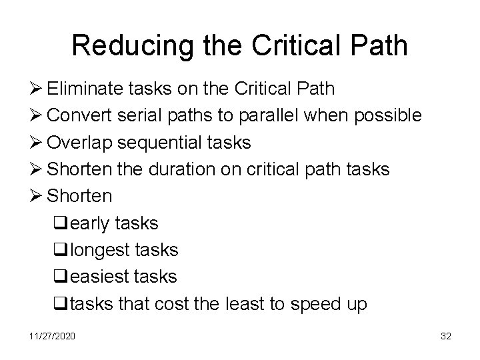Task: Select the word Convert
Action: (77, 115)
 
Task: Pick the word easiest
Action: (97, 277)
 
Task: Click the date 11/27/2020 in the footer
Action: (53, 336)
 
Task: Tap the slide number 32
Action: (445, 336)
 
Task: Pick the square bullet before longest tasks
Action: (58, 250)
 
